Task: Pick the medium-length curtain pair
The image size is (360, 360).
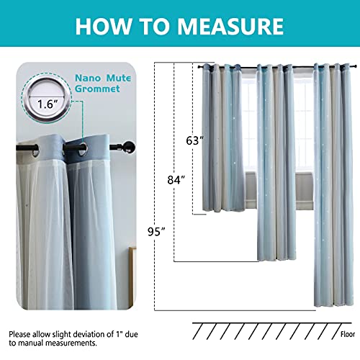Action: pyautogui.click(x=276, y=158)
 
